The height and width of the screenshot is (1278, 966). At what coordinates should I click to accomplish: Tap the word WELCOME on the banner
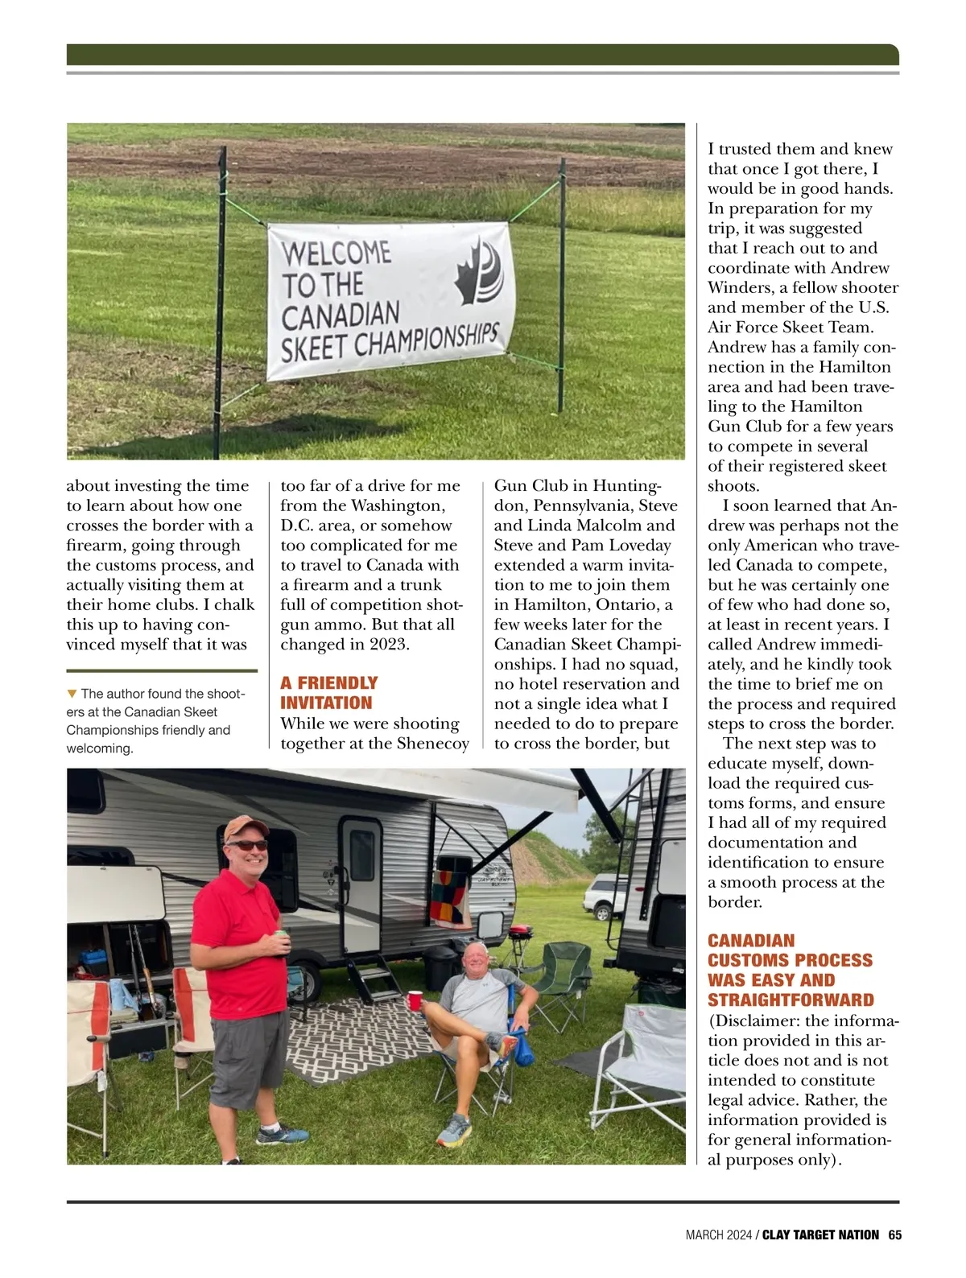[x=336, y=254]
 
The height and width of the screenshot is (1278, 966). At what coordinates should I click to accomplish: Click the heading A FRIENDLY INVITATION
[x=328, y=692]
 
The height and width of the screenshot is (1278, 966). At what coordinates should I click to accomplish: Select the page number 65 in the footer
[x=894, y=1235]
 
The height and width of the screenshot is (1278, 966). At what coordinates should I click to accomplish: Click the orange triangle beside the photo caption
[x=72, y=693]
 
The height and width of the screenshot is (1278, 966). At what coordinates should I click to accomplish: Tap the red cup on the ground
[x=415, y=1000]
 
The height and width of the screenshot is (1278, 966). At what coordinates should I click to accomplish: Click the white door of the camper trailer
[x=360, y=881]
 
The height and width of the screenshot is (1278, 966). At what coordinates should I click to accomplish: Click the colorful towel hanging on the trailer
[x=451, y=897]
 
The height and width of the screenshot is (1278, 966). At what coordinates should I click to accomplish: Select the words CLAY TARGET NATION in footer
[x=820, y=1235]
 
